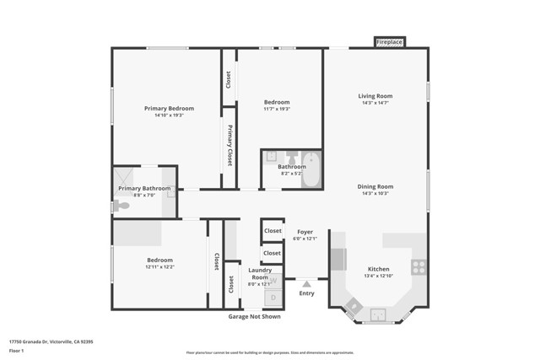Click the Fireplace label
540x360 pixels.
389,41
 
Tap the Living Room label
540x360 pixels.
375,96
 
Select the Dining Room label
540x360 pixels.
375,186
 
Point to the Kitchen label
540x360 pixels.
378,268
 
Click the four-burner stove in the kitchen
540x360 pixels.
418,267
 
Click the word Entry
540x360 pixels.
306,293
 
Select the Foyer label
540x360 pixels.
304,231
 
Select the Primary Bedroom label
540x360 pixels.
169,108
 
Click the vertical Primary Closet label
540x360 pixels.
229,146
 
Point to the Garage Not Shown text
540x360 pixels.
255,316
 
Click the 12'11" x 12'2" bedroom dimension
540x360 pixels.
159,267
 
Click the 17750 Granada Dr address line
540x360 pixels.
51,341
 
